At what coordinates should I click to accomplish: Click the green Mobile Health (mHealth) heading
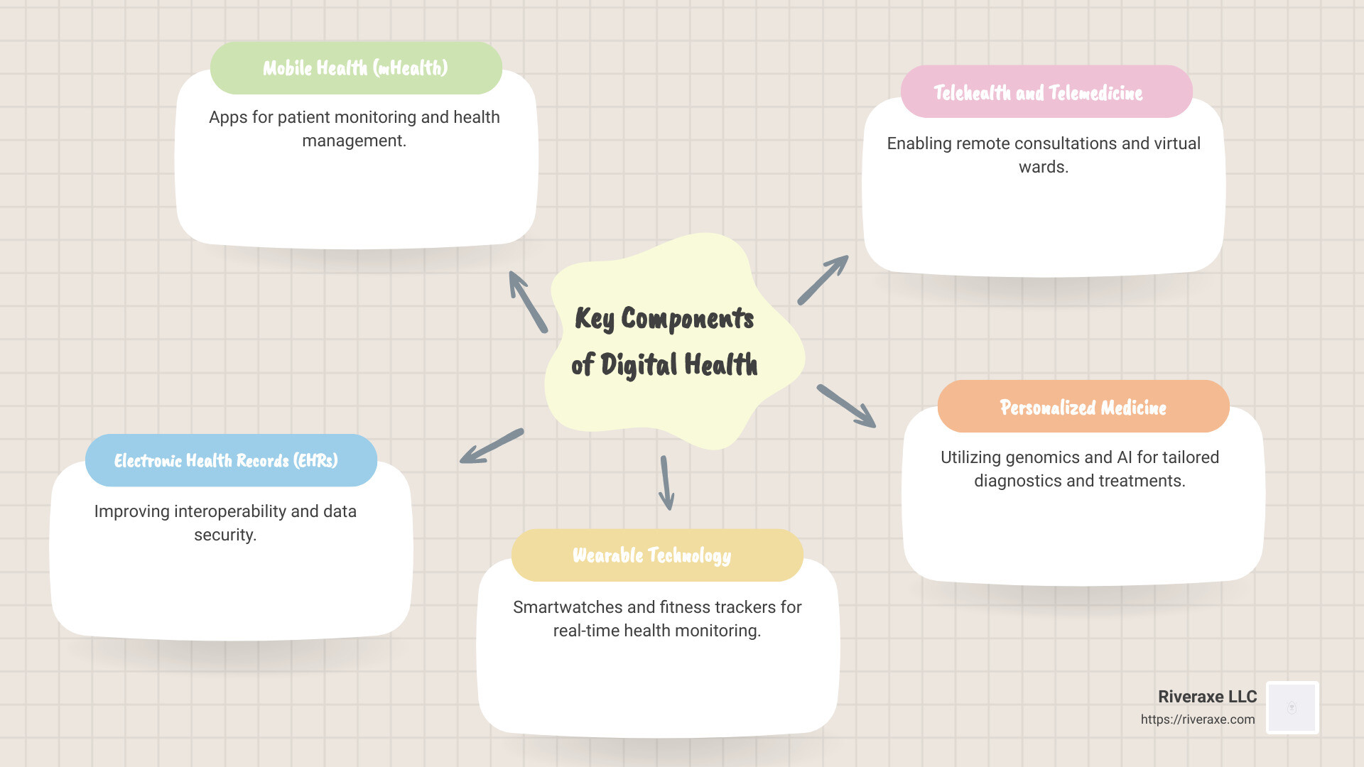point(356,68)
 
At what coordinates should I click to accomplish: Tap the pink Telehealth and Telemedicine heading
point(1039,92)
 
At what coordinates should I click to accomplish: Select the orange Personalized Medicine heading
point(1083,407)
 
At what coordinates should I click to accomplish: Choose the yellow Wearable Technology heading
point(652,555)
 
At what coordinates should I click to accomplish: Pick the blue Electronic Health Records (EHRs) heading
point(226,460)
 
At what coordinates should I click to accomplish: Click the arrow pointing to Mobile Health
point(528,302)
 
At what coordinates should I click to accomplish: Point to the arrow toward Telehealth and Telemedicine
point(823,280)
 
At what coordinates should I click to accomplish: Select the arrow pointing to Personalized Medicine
point(846,406)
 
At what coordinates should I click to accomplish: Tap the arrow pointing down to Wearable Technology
point(666,483)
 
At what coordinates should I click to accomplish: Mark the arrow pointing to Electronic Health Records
point(492,446)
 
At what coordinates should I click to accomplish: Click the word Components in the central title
point(687,318)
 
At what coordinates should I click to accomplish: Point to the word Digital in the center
point(639,365)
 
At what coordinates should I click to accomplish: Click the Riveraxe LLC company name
point(1207,697)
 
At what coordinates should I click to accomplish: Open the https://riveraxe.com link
point(1198,719)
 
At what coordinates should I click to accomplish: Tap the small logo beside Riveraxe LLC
point(1292,707)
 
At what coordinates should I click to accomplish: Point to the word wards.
point(1043,167)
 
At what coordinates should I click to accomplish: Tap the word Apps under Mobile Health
point(227,117)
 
